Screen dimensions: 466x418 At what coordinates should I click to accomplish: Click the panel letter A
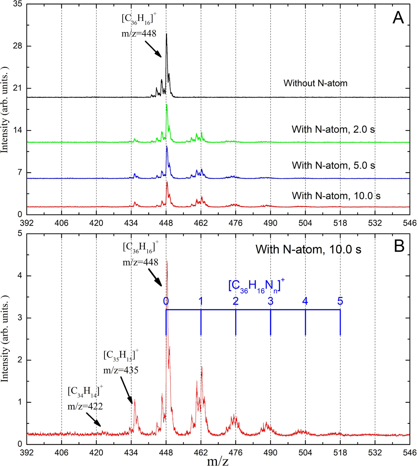[398, 17]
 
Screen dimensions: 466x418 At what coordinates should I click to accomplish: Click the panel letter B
[399, 246]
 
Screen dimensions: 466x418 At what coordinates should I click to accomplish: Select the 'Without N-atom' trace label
[315, 83]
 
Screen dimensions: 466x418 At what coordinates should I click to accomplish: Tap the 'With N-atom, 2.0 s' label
[333, 130]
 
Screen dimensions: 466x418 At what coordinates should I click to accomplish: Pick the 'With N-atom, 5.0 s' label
[333, 165]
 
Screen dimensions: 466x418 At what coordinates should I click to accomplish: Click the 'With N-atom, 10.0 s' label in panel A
[336, 196]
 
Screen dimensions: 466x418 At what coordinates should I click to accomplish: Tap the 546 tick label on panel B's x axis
[409, 453]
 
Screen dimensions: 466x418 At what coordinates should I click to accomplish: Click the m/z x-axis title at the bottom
[218, 461]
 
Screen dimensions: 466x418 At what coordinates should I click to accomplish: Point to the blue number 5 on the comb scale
[340, 301]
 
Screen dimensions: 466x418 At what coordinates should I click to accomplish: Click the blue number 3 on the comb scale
[270, 301]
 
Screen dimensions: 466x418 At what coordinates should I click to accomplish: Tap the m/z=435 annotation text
[121, 370]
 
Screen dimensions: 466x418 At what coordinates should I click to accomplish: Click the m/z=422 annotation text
[85, 406]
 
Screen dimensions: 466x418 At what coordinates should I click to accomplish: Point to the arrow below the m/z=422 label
[93, 419]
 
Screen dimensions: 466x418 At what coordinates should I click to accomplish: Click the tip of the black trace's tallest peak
[167, 34]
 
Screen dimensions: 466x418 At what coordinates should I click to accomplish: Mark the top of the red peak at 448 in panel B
[167, 261]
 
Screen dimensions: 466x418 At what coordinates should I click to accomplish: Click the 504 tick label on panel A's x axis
[305, 223]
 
